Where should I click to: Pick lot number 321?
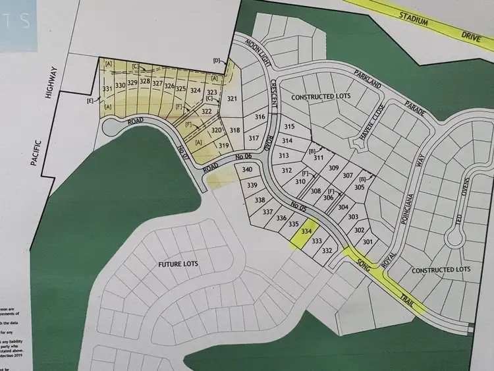(232, 99)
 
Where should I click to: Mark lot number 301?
(368, 242)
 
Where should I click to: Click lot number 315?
(288, 127)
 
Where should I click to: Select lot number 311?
(319, 158)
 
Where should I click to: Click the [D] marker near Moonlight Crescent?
(217, 61)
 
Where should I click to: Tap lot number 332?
(327, 250)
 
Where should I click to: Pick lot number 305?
(359, 187)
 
